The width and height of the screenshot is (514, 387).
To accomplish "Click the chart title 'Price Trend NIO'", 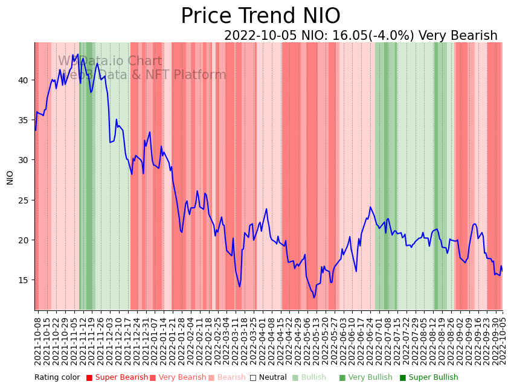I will click(x=260, y=16).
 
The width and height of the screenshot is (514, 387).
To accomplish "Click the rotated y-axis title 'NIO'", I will click(x=10, y=177).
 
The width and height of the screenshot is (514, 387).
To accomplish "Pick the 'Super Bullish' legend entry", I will click(x=433, y=378).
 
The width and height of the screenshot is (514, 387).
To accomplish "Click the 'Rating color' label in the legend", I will click(x=57, y=378).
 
